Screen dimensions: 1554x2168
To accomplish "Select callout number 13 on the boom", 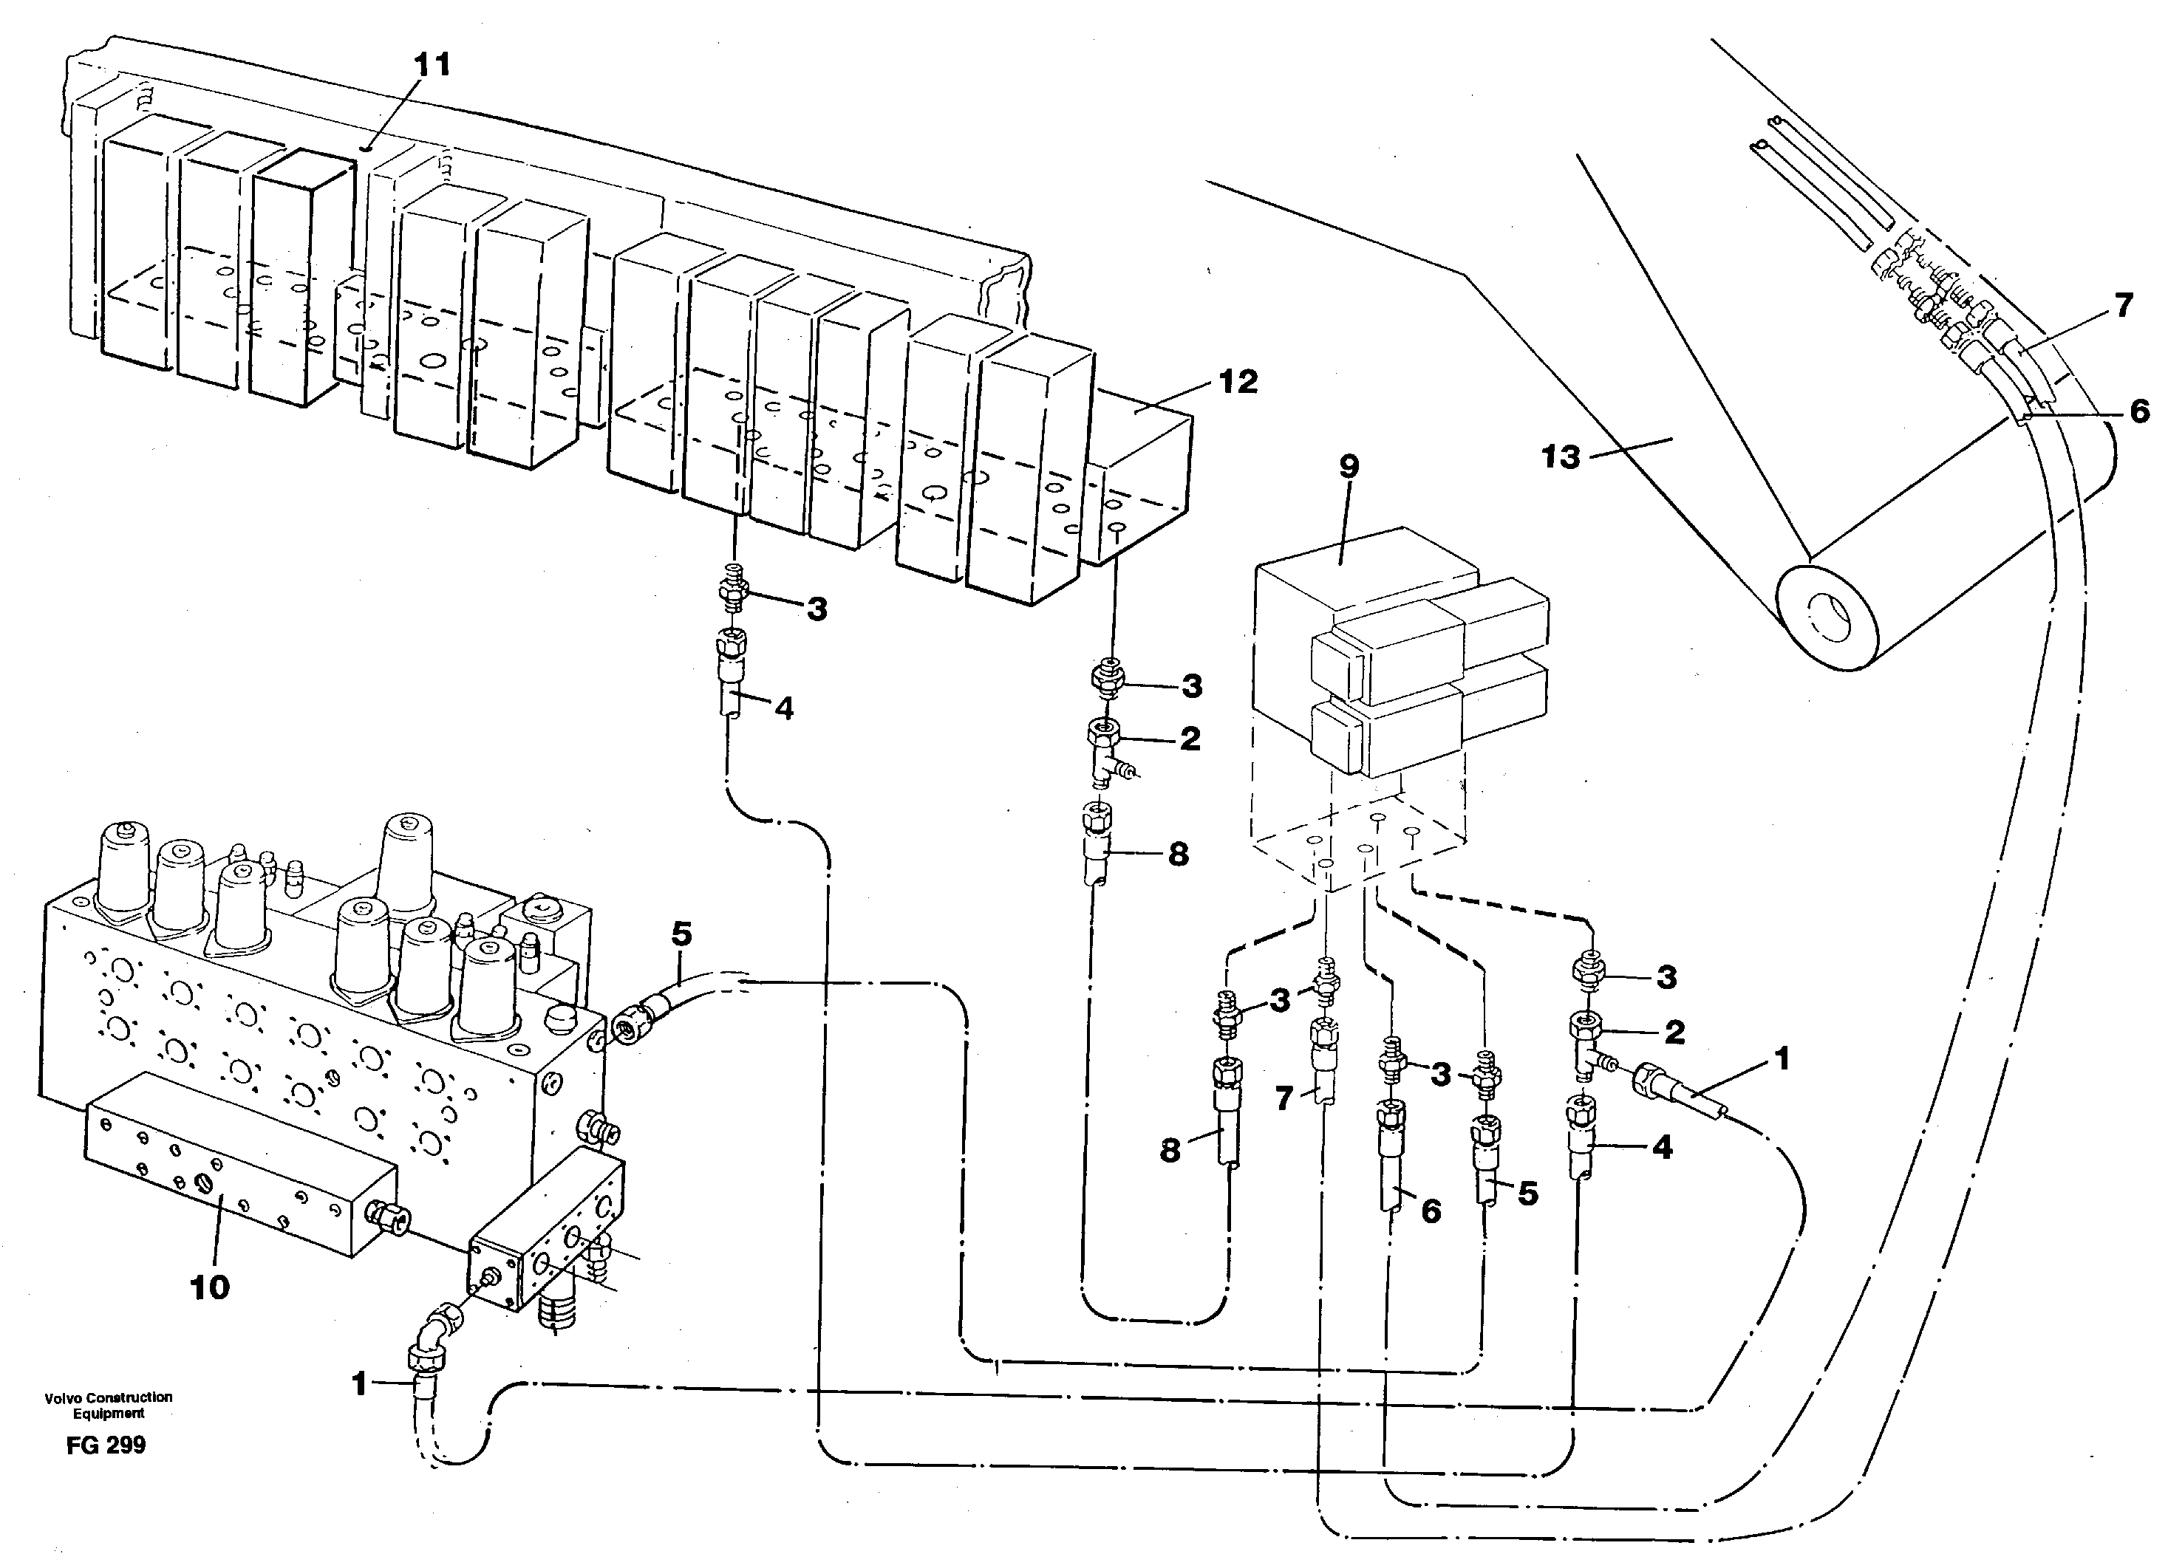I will [x=1560, y=457].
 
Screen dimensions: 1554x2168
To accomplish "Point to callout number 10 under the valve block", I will [x=209, y=1287].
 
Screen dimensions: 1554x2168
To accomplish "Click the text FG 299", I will [x=106, y=1445].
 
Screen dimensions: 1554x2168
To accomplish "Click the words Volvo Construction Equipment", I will [x=108, y=1405].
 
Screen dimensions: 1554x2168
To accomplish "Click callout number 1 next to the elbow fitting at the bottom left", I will [x=359, y=1383].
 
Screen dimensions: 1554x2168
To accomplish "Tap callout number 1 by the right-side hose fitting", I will [x=1781, y=1059].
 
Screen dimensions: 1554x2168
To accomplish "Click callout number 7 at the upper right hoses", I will [x=2123, y=306].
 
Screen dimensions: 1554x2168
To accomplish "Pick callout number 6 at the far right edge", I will [x=2139, y=411].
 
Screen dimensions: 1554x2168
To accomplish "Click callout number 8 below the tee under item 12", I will [x=1178, y=854].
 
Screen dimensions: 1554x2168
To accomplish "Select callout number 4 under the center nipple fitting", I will [x=784, y=708].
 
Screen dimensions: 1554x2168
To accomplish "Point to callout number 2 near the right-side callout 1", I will [x=1674, y=1031].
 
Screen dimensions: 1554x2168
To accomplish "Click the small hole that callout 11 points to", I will [x=368, y=148].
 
